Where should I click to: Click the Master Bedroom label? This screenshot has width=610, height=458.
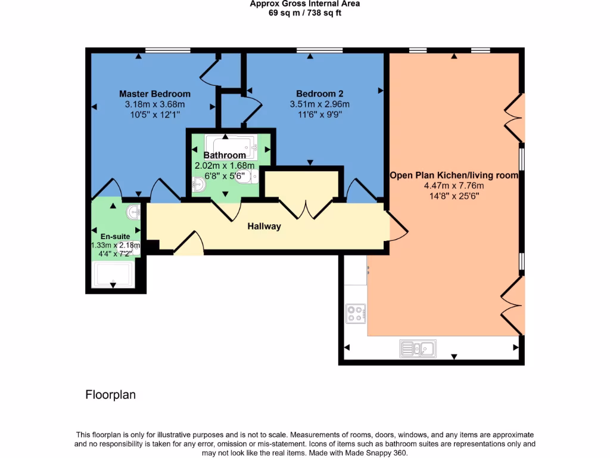click(x=155, y=94)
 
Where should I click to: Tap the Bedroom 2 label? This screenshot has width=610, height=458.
click(x=319, y=94)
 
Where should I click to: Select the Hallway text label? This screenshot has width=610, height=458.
click(x=264, y=227)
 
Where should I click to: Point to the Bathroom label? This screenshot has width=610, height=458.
click(x=225, y=156)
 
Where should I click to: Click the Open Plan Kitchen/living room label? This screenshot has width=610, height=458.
click(x=453, y=176)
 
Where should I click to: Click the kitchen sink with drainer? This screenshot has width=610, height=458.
click(x=418, y=348)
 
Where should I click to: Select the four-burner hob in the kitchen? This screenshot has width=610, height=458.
click(x=356, y=314)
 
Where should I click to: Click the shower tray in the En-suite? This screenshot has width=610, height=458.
click(x=113, y=274)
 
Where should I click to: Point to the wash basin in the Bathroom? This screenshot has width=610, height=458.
click(x=198, y=185)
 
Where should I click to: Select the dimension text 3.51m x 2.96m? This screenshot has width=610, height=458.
click(x=319, y=104)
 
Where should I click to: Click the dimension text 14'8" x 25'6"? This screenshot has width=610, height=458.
click(x=453, y=196)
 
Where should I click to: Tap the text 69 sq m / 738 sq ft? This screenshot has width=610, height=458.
click(x=304, y=13)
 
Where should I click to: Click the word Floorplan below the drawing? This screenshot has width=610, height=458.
click(x=111, y=395)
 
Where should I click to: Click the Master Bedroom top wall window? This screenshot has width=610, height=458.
click(x=167, y=51)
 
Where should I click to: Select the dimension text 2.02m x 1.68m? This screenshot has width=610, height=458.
click(x=225, y=166)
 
